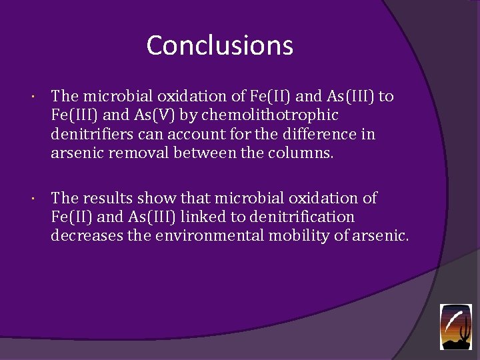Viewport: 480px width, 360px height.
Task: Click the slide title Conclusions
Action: click(x=219, y=45)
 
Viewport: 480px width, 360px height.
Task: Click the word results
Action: click(x=107, y=198)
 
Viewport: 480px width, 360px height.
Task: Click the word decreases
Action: click(x=85, y=236)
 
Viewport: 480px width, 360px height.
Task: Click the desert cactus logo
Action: click(x=455, y=327)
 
